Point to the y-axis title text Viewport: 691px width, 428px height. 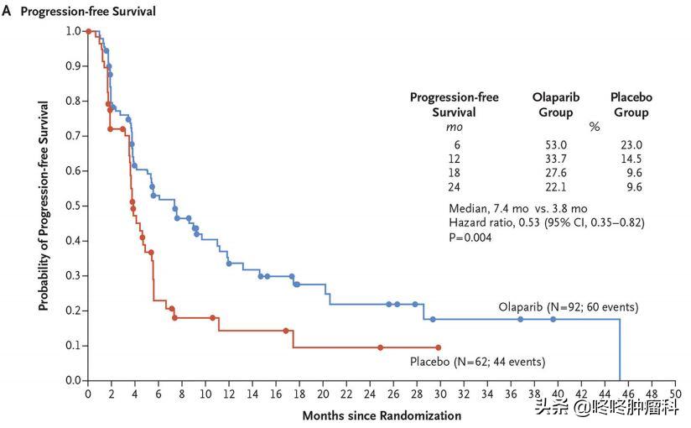pyautogui.click(x=43, y=206)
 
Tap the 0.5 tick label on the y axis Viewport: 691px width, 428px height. pyautogui.click(x=73, y=206)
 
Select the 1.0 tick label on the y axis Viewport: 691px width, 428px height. pyautogui.click(x=73, y=31)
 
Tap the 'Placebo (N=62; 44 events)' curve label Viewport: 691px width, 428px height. pyautogui.click(x=477, y=363)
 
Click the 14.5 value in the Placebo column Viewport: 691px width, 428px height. pyautogui.click(x=629, y=159)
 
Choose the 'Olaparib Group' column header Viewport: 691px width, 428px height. pyautogui.click(x=557, y=105)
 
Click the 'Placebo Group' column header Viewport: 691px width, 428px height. pyautogui.click(x=629, y=105)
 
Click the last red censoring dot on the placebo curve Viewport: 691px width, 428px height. pyautogui.click(x=438, y=347)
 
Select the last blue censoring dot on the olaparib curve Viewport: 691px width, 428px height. pyautogui.click(x=553, y=319)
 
